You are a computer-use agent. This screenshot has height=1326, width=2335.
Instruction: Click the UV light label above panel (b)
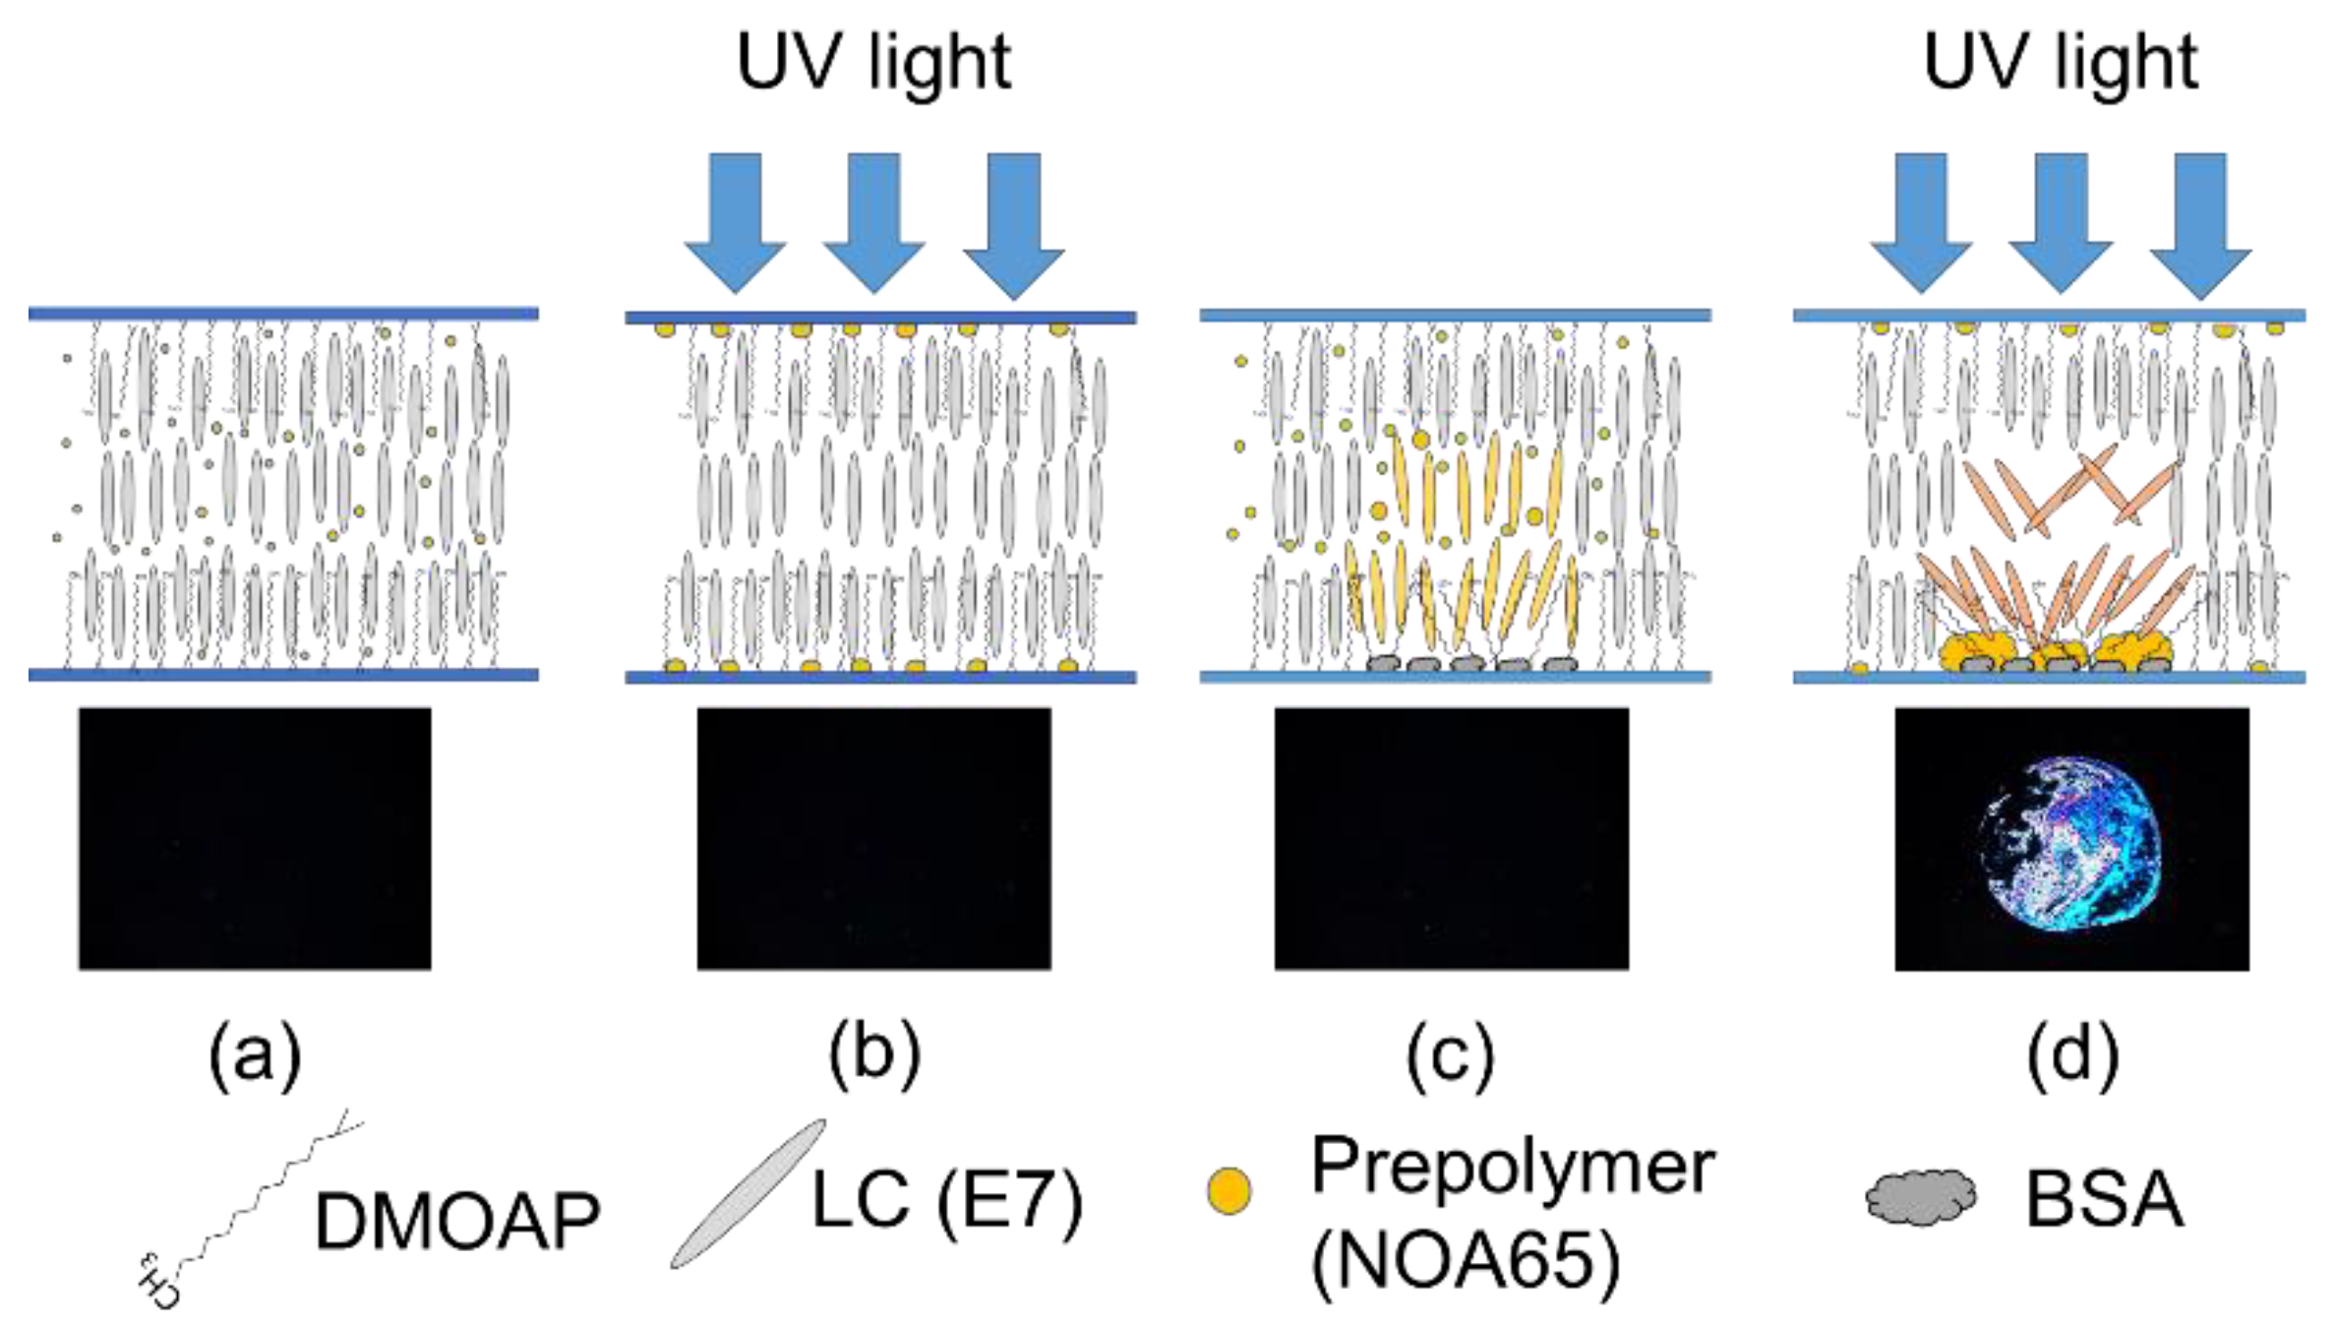tap(873, 63)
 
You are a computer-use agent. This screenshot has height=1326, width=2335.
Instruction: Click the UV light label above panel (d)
tap(2060, 63)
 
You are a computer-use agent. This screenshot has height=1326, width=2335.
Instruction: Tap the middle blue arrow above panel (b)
tap(873, 221)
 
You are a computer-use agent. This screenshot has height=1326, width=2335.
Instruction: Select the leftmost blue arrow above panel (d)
tap(1920, 221)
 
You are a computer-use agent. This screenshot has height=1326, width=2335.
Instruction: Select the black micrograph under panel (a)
tap(255, 838)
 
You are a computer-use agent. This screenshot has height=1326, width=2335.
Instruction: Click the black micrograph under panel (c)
tap(1451, 838)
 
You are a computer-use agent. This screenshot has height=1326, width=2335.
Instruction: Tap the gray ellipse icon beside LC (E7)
tap(748, 1193)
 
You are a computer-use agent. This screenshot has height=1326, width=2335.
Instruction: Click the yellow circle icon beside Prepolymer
tap(1228, 1190)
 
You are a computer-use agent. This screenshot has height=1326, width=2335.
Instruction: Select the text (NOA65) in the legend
tap(1466, 1261)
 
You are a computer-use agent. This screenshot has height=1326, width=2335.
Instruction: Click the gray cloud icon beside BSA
tap(1920, 1197)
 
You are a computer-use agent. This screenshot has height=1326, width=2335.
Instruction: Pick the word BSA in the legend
tap(2105, 1200)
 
